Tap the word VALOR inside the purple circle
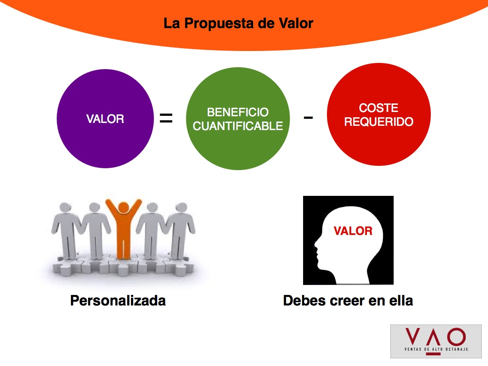coord(105,119)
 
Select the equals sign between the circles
coord(166,118)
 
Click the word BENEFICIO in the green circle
coord(238,112)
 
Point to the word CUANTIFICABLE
coord(238,126)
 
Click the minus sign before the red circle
coord(308,117)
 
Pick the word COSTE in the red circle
coord(378,108)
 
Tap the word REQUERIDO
coord(379,122)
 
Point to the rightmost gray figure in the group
coord(181,230)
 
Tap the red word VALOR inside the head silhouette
coord(353,231)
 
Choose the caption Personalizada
coord(118,301)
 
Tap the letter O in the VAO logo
coord(457,337)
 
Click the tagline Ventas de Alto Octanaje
coord(436,349)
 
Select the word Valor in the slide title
coord(295,23)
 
